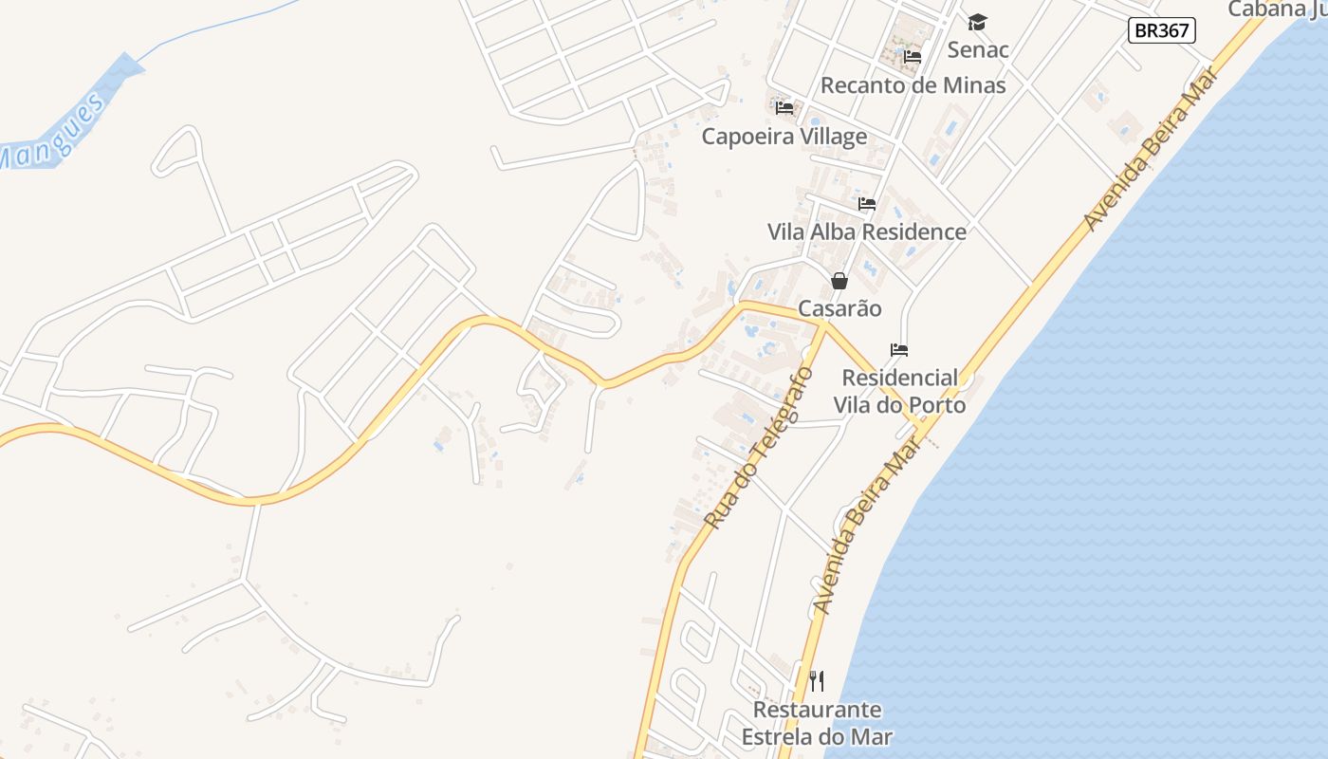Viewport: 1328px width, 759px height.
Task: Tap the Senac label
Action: coord(978,48)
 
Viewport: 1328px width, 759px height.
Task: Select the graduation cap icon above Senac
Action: coord(978,22)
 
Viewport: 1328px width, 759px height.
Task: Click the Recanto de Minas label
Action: coord(913,84)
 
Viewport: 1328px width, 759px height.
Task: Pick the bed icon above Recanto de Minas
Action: coord(913,57)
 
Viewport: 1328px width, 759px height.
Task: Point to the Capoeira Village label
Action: coord(784,136)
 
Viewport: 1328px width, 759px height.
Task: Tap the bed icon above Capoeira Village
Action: coord(784,108)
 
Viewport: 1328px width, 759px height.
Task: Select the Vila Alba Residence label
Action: coord(866,231)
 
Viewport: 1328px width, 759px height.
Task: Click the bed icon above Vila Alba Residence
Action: coord(867,204)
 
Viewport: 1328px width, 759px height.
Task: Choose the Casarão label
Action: coord(839,308)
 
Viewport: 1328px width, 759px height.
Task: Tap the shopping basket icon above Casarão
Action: coord(839,281)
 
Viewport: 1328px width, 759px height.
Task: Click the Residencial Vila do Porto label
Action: coord(899,391)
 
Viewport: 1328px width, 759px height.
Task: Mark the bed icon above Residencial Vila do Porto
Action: coord(899,350)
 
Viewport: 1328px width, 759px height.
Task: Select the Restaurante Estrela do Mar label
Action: coord(817,723)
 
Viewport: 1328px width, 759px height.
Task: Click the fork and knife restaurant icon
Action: coord(817,681)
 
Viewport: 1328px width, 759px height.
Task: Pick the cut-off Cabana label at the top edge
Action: coord(1277,9)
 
